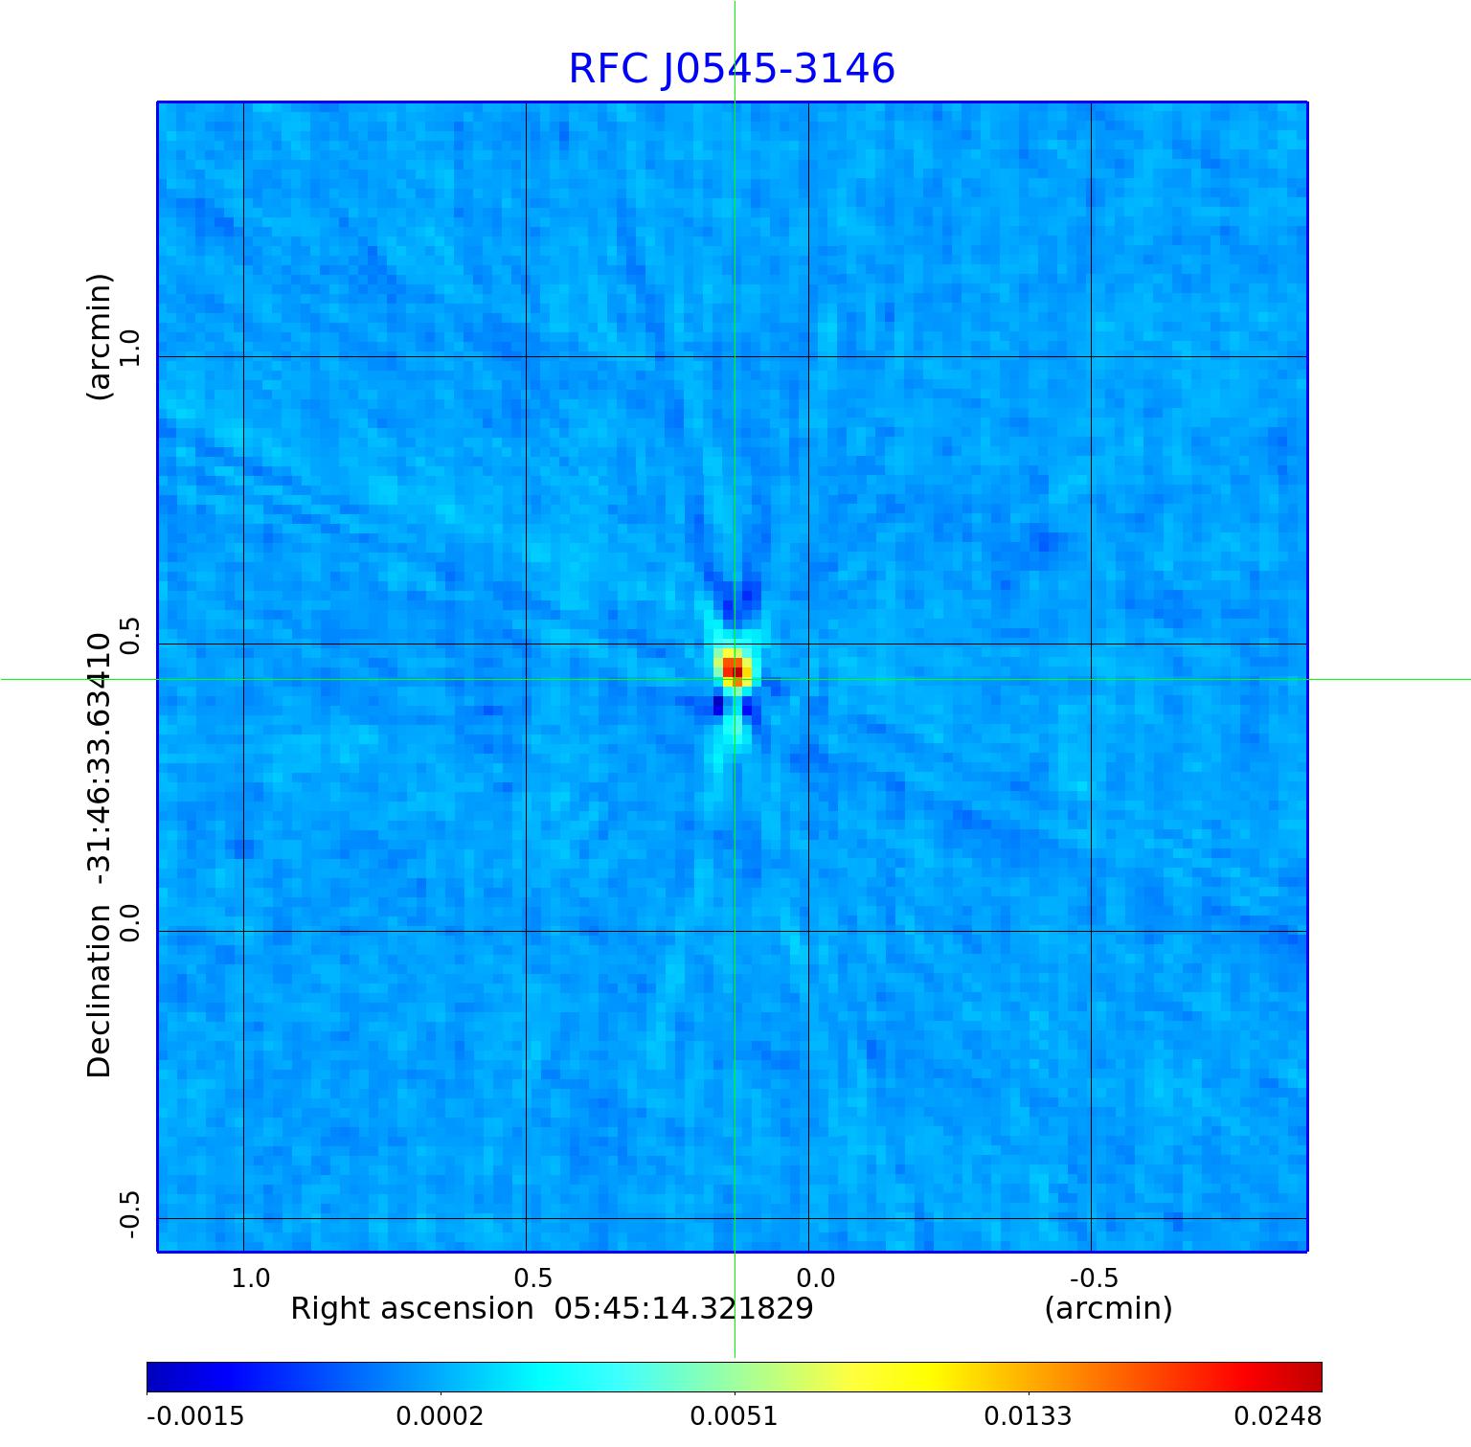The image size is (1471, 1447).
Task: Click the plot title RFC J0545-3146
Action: point(732,69)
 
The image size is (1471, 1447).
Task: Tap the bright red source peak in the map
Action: point(733,667)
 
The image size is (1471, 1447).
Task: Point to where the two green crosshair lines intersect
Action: point(735,679)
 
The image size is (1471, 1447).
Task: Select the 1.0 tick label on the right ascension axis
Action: point(251,1277)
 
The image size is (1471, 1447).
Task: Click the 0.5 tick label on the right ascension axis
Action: point(533,1277)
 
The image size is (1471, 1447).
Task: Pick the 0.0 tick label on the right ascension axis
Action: point(816,1277)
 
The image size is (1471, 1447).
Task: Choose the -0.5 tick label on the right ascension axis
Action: point(1094,1277)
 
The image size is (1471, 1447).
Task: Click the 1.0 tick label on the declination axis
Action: point(129,348)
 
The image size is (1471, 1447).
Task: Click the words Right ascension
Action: point(412,1308)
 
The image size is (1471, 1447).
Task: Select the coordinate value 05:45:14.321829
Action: point(684,1308)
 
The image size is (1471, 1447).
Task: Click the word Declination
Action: point(100,992)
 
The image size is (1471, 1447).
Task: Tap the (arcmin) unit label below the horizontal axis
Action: point(1108,1308)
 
